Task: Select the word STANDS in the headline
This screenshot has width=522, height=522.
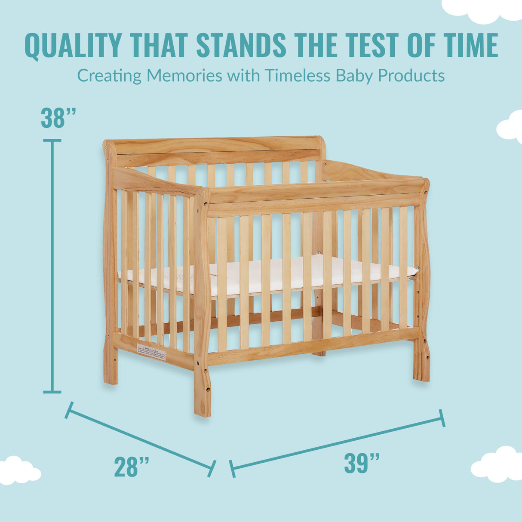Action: pyautogui.click(x=241, y=45)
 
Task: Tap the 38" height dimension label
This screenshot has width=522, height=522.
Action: pyautogui.click(x=58, y=118)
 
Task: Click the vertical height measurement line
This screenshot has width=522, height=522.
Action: pyautogui.click(x=52, y=267)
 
